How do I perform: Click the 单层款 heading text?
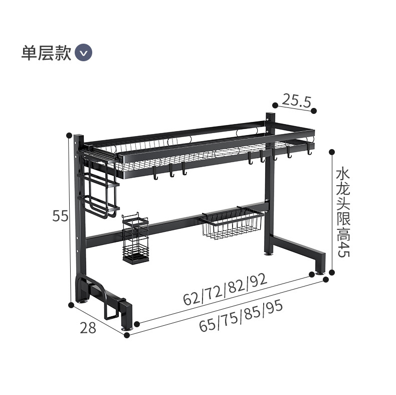pos(47,53)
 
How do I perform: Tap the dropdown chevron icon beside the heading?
pos(83,53)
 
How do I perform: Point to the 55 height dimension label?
pos(60,216)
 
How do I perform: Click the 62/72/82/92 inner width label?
pos(225,291)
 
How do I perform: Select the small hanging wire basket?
pos(233,224)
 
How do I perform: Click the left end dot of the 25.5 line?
pos(274,105)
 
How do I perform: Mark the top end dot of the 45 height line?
pos(331,151)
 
